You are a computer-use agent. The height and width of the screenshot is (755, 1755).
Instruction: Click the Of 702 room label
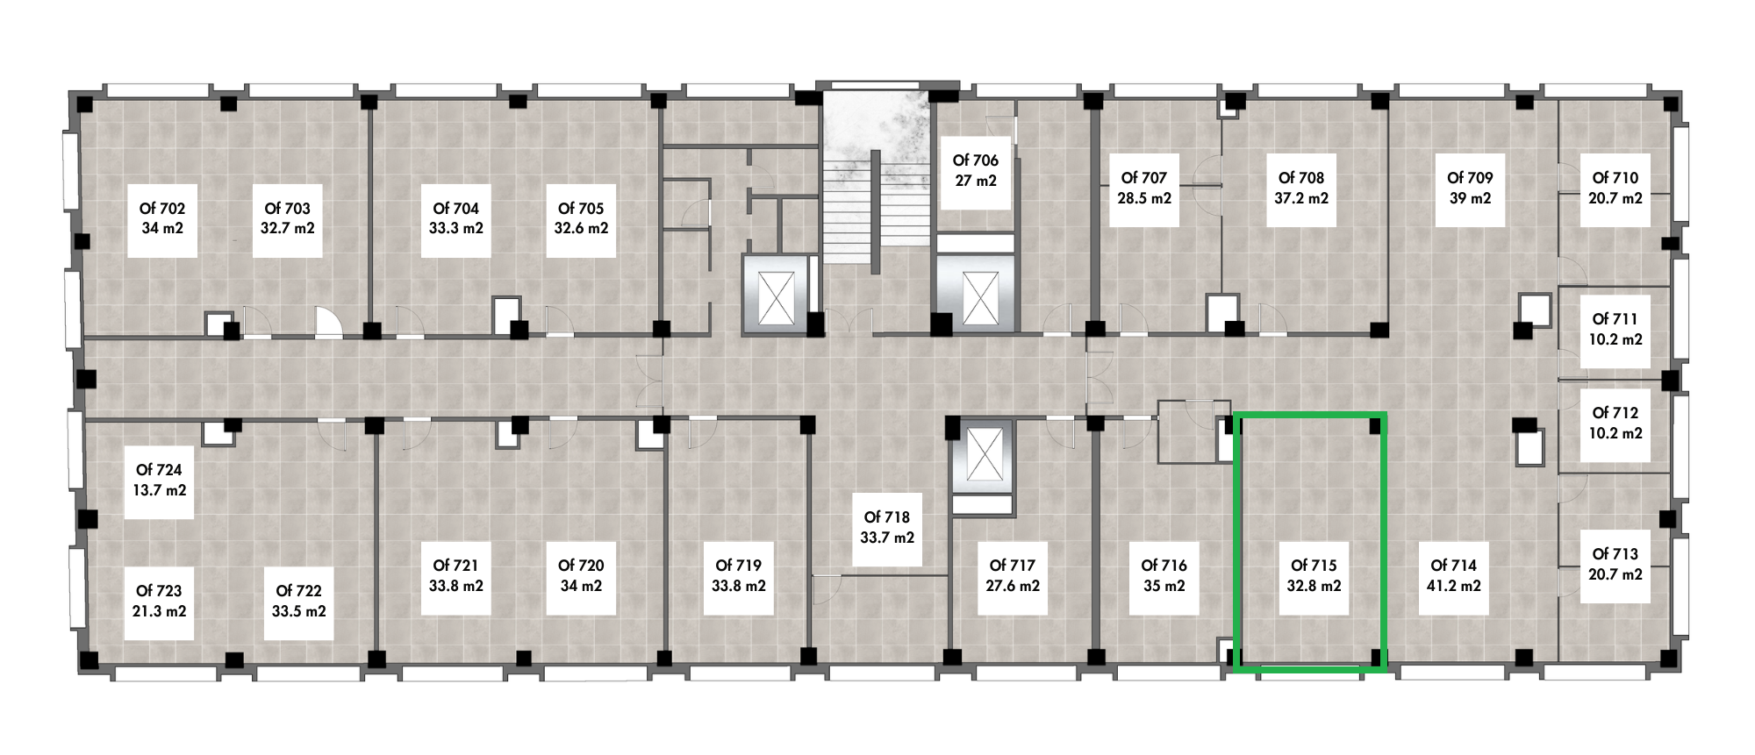click(x=162, y=218)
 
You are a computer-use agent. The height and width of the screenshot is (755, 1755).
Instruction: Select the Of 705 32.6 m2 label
click(x=581, y=218)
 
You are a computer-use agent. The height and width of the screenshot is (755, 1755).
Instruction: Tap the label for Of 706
click(x=976, y=171)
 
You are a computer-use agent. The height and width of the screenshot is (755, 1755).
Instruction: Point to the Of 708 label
click(x=1301, y=189)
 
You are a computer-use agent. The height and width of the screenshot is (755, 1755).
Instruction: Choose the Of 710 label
click(x=1615, y=189)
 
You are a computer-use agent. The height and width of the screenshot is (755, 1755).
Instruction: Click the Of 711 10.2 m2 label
click(x=1615, y=330)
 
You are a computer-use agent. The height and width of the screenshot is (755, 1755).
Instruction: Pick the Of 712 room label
click(x=1615, y=424)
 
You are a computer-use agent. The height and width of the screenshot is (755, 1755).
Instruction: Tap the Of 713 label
click(x=1615, y=565)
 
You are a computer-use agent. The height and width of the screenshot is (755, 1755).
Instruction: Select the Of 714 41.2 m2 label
click(x=1454, y=576)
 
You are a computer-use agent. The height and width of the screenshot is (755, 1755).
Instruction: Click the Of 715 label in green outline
click(x=1314, y=576)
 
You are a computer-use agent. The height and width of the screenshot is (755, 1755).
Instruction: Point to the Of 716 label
click(x=1164, y=576)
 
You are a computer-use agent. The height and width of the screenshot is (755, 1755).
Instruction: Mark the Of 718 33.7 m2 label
click(x=887, y=528)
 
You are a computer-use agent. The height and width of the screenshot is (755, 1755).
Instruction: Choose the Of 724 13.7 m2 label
click(x=159, y=481)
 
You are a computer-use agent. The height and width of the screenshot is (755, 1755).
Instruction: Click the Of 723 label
click(x=159, y=602)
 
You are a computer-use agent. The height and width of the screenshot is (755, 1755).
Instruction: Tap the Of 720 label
click(x=581, y=576)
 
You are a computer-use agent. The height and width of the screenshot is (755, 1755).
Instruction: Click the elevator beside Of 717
click(x=984, y=456)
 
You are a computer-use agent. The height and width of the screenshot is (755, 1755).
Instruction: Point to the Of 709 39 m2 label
click(x=1470, y=189)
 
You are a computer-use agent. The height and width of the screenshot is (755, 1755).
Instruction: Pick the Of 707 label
click(x=1144, y=189)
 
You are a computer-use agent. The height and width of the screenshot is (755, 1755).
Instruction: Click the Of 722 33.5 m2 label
click(x=298, y=602)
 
